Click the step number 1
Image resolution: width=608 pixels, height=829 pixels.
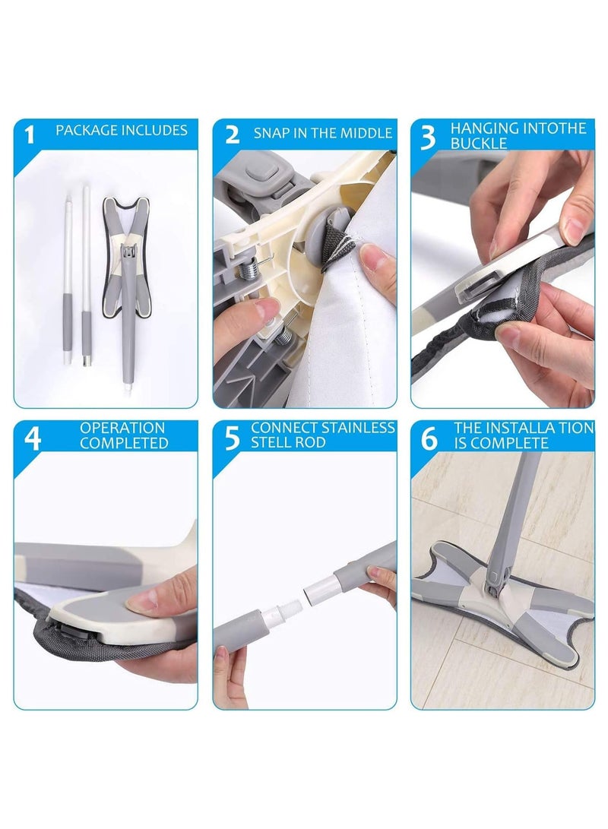30,135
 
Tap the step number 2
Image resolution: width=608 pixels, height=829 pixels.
232,135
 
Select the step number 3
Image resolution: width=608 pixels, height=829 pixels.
429,137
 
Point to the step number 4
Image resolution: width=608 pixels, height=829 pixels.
32,439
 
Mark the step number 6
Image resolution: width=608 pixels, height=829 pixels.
430,439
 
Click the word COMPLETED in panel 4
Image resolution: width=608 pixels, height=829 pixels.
124,443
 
